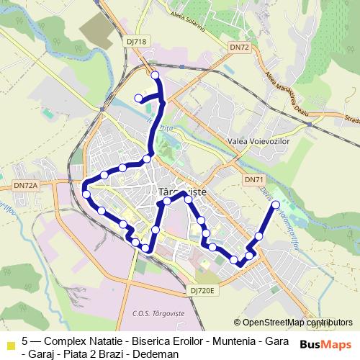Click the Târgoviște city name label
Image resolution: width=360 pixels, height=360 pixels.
click(181, 192)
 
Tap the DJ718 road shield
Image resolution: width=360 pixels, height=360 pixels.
click(136, 42)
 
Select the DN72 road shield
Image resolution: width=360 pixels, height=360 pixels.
click(238, 47)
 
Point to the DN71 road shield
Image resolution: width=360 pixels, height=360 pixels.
click(254, 179)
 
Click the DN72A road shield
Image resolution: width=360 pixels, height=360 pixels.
click(25, 186)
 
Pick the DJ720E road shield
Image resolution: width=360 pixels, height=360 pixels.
click(204, 288)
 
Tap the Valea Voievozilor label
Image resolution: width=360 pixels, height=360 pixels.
click(257, 142)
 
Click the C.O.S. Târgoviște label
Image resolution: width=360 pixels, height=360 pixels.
click(160, 313)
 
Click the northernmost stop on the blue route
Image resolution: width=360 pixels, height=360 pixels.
click(156, 75)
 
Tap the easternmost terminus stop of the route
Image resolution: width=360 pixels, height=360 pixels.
click(275, 205)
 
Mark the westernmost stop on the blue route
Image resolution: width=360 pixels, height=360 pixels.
click(86, 194)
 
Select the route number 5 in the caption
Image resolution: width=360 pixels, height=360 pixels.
click(25, 341)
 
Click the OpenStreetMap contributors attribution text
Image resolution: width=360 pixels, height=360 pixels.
click(297, 323)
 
